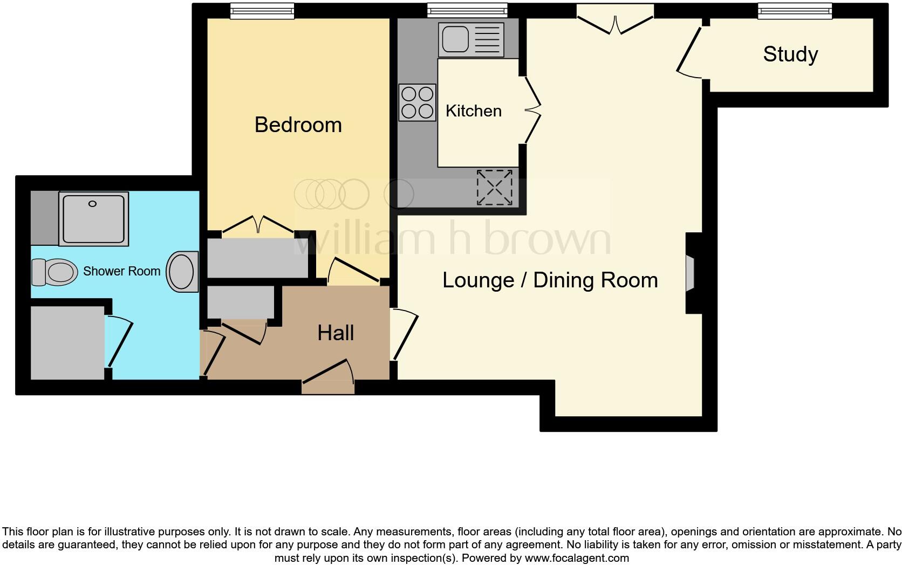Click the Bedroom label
click(298, 125)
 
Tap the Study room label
click(790, 54)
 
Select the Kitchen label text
click(473, 111)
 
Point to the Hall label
click(336, 333)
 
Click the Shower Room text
click(121, 271)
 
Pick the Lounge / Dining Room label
click(550, 280)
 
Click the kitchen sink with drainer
click(471, 39)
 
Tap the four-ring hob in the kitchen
click(417, 102)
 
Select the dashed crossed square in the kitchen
click(494, 188)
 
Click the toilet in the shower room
click(53, 272)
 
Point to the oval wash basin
click(182, 272)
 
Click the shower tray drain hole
click(92, 204)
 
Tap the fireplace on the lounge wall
click(691, 273)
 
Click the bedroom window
click(262, 11)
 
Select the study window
click(795, 11)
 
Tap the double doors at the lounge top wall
click(615, 22)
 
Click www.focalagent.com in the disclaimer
click(577, 558)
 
